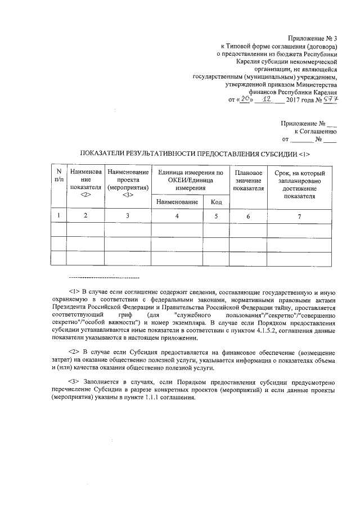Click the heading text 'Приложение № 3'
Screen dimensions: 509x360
[x=311, y=37]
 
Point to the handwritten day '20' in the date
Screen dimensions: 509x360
[x=242, y=100]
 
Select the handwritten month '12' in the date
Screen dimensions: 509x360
[x=267, y=99]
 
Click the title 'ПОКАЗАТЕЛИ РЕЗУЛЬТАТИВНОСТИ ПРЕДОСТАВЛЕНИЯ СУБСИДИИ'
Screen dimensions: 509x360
[x=195, y=154]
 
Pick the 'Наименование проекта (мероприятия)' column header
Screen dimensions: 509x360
[x=128, y=179]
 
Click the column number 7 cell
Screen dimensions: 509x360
[x=299, y=216]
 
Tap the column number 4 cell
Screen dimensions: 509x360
[x=177, y=216]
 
